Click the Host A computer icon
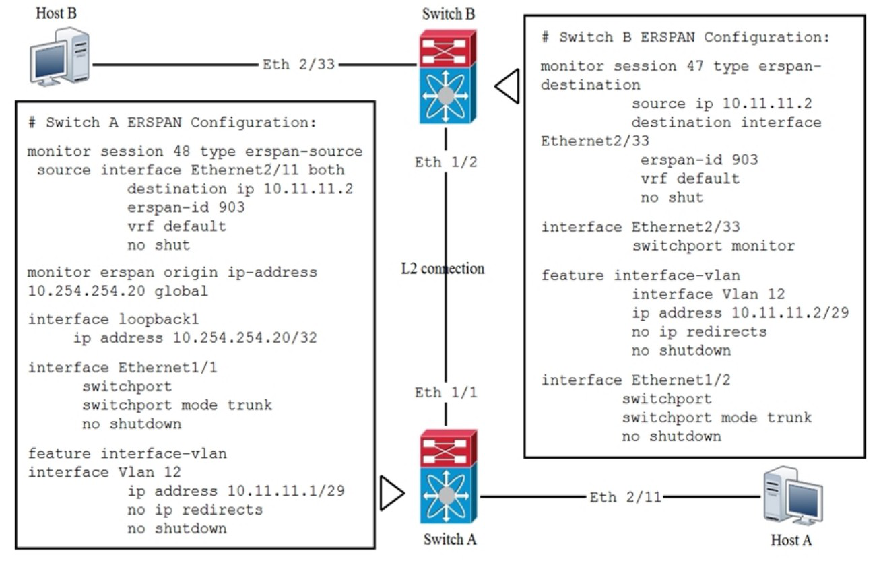pos(793,496)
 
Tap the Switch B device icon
pos(448,77)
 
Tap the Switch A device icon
pos(449,477)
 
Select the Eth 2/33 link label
pos(298,65)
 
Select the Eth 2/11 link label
pos(625,498)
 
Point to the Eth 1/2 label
pos(446,162)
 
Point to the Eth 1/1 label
pos(446,393)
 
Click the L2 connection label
pos(443,269)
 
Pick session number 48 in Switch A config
pos(181,152)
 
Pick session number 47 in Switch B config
pos(695,66)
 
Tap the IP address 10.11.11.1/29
pos(286,491)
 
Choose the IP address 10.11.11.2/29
pos(790,313)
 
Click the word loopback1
pos(159,319)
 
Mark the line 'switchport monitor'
pos(713,246)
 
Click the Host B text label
pos(57,13)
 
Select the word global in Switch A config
pos(181,292)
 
